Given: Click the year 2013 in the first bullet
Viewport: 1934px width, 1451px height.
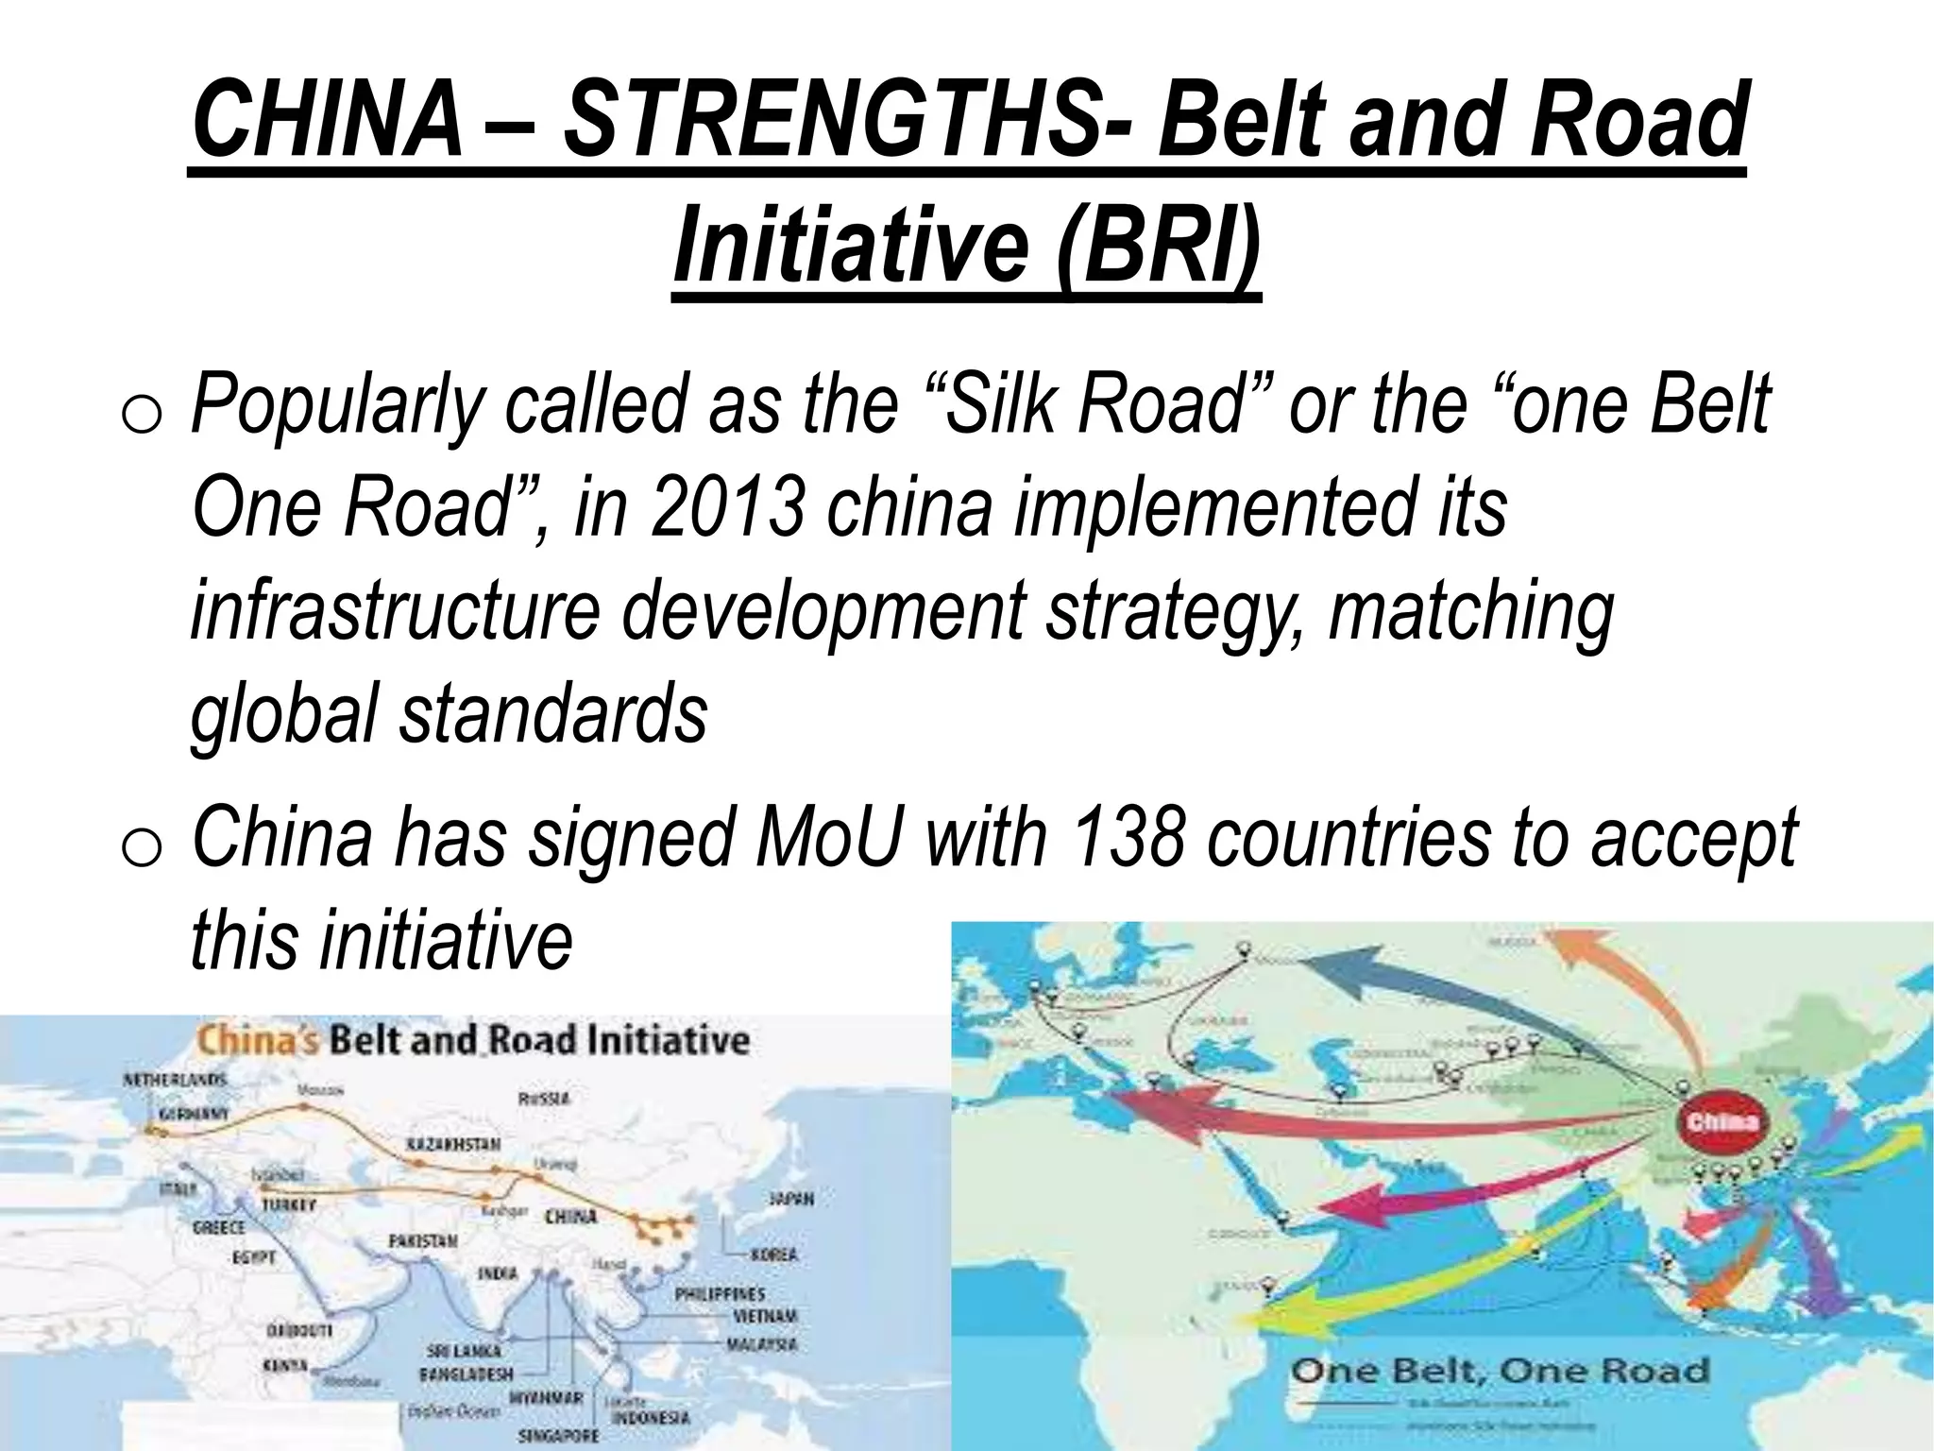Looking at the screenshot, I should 726,507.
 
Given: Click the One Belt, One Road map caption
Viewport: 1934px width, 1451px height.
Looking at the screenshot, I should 1501,1371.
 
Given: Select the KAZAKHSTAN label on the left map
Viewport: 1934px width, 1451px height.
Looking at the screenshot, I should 453,1145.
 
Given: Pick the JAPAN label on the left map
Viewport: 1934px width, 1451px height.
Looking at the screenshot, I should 790,1198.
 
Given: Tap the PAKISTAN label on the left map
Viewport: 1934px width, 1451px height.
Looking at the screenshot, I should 423,1240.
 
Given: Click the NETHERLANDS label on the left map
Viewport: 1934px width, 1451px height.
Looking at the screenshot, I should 175,1079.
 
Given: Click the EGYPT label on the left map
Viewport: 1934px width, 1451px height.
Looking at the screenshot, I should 254,1257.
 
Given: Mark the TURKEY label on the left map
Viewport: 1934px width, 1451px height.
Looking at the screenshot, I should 288,1205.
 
